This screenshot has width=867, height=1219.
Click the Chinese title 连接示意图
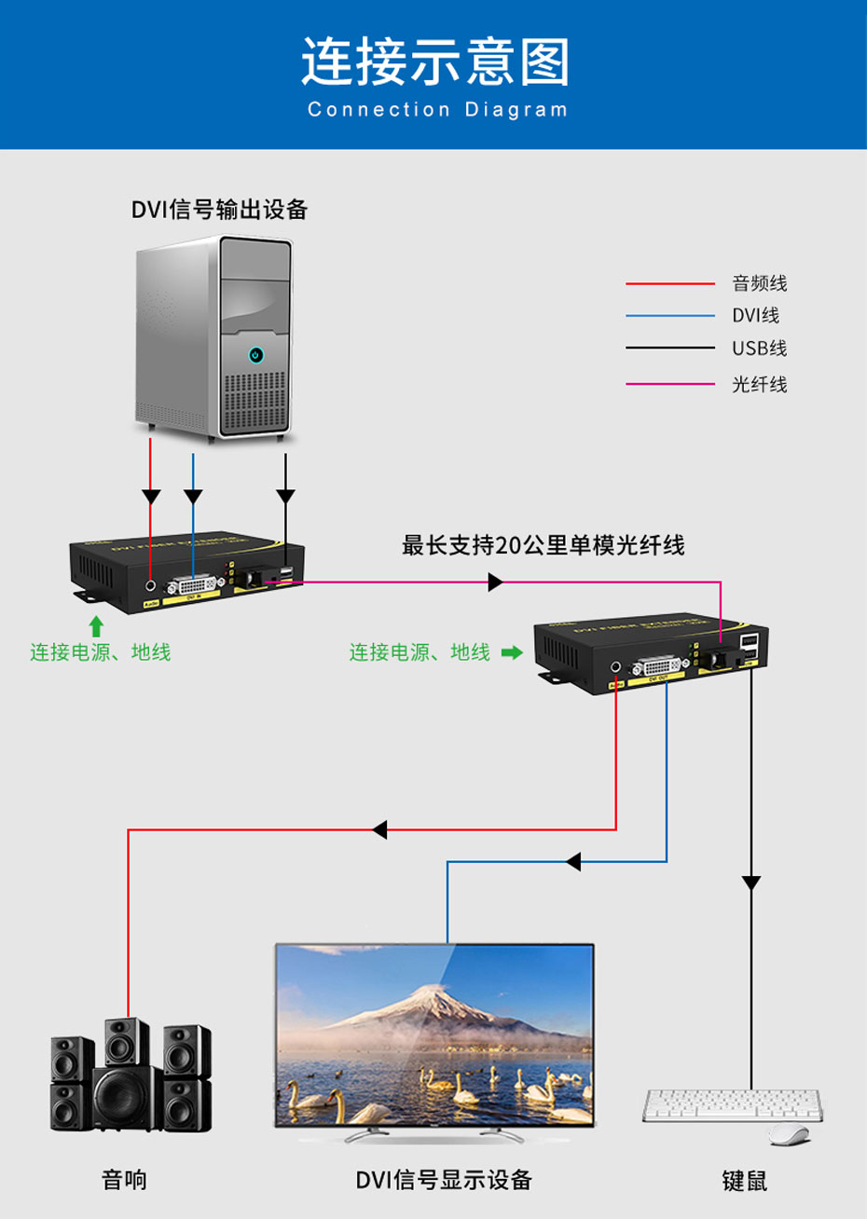434,62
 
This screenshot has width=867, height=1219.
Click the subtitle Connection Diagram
437,110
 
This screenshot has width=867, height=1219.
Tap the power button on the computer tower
255,355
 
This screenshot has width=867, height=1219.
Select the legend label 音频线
759,283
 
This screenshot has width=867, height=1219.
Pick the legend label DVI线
755,316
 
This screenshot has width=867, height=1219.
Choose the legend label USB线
759,349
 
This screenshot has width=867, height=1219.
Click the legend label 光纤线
759,384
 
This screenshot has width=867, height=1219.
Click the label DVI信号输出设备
219,210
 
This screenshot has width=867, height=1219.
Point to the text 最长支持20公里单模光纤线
543,545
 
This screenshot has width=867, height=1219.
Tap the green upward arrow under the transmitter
95,626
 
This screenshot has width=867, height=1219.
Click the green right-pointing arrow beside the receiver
512,652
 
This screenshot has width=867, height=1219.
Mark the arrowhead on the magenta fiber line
495,582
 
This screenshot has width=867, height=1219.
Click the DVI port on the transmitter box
191,585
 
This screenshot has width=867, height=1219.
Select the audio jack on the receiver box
615,667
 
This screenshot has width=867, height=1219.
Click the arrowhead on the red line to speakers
379,829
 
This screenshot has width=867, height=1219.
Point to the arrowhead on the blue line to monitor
573,862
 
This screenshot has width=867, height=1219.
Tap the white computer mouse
789,1134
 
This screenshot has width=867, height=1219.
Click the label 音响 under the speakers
124,1180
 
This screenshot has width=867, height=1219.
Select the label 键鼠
744,1181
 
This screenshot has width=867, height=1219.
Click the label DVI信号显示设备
444,1180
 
